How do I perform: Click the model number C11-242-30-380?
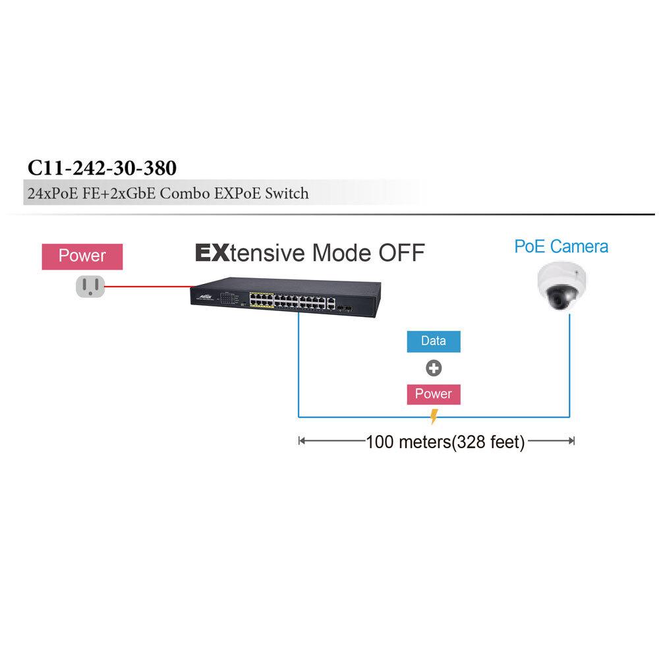click(x=102, y=168)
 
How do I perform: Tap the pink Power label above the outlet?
click(x=82, y=256)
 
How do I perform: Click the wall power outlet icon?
click(x=90, y=285)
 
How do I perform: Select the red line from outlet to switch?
click(x=148, y=287)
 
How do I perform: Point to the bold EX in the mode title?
click(x=212, y=252)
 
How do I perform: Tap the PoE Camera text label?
click(x=561, y=246)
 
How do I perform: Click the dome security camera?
click(x=561, y=287)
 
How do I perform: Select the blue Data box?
click(x=433, y=341)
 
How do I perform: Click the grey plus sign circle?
click(x=433, y=368)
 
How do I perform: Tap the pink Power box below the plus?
click(x=433, y=394)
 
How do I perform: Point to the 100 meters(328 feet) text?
click(x=445, y=442)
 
